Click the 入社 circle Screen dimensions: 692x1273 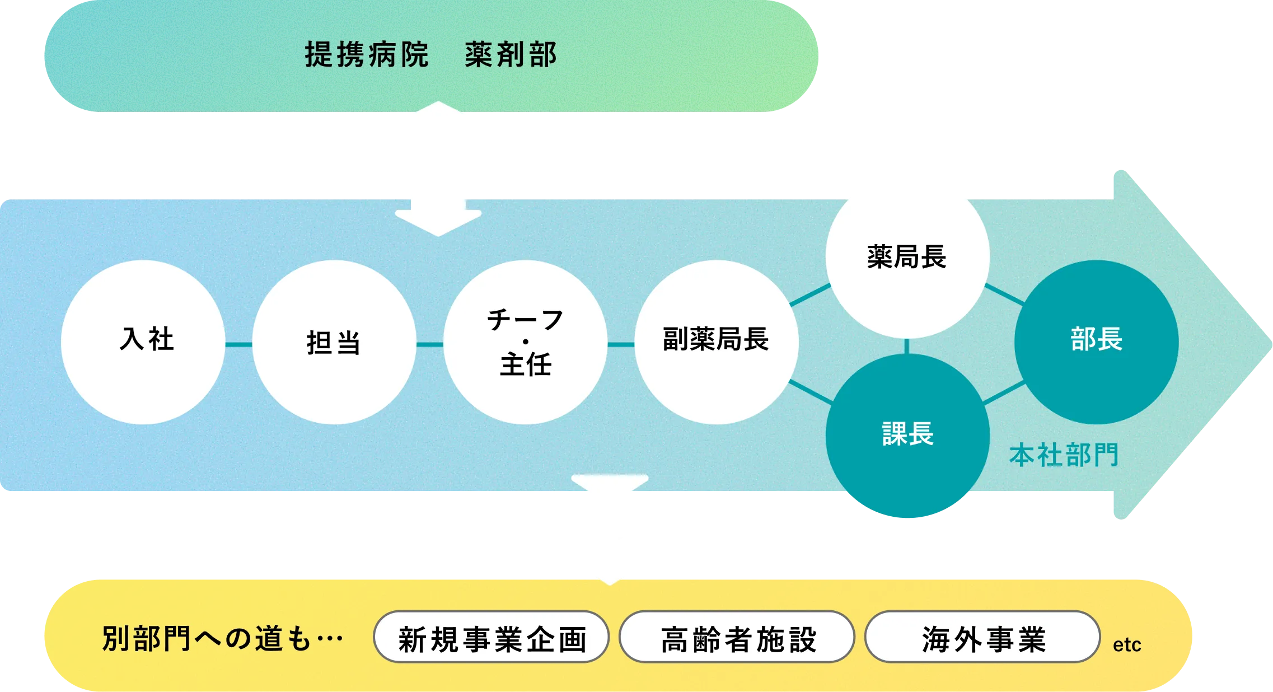point(143,342)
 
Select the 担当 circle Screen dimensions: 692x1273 point(334,342)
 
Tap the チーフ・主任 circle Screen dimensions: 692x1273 point(525,342)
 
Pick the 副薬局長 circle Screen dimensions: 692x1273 point(716,342)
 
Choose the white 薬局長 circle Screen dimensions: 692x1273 point(907,256)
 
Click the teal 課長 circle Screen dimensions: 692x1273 point(907,435)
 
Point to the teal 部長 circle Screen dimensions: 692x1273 point(1096,342)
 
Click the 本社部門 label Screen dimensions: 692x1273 point(1064,455)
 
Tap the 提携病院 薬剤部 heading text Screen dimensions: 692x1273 point(430,55)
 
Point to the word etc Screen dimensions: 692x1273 point(1126,645)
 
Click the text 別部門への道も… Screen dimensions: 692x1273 point(222,638)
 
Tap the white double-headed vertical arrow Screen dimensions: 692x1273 point(438,169)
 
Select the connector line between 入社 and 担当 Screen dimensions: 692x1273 point(239,344)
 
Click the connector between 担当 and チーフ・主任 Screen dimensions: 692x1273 point(430,344)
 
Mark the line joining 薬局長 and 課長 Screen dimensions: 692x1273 point(907,346)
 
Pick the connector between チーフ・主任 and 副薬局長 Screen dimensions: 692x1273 point(621,344)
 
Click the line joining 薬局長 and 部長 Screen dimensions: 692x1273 point(1004,294)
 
